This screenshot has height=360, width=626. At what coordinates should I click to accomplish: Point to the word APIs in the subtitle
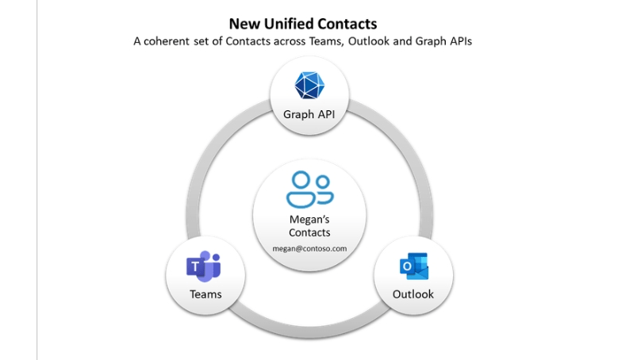coord(457,41)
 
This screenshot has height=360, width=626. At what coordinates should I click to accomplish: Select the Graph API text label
coord(309,114)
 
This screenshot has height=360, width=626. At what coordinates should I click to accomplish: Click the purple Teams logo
coord(204,268)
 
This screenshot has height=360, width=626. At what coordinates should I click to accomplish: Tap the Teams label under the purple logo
coord(205,294)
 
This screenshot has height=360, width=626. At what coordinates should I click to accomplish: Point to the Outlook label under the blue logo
coord(413,294)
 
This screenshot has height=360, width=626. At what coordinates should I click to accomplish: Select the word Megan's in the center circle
coord(309,220)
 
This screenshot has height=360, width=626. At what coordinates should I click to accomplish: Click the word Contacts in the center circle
coord(309,232)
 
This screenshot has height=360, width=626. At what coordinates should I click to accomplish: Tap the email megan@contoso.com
coord(309,248)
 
